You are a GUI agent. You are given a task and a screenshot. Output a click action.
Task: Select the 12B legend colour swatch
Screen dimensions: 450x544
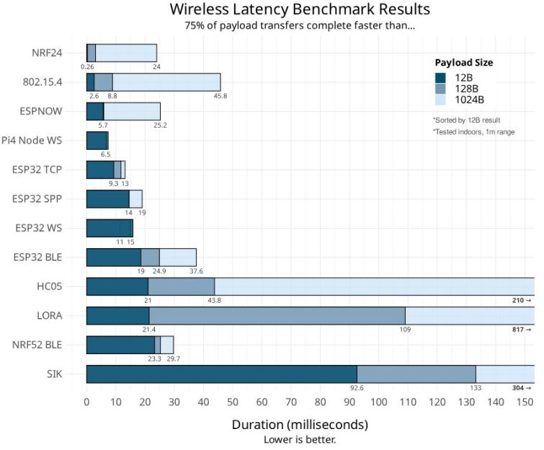click(x=439, y=78)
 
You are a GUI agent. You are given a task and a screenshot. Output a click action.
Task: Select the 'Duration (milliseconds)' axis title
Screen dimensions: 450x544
click(x=300, y=424)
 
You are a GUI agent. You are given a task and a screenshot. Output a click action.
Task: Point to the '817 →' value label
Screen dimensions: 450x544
click(x=521, y=329)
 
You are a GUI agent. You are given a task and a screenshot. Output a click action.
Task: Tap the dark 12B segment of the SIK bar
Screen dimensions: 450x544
click(x=221, y=374)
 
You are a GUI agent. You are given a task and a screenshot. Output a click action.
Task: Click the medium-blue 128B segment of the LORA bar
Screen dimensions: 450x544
click(x=277, y=315)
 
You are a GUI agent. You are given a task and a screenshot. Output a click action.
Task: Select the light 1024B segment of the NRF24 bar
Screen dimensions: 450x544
click(x=126, y=53)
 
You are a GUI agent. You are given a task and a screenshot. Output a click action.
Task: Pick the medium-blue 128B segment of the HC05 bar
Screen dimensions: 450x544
click(x=181, y=286)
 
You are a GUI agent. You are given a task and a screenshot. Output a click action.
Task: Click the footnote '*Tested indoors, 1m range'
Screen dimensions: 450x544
click(x=473, y=132)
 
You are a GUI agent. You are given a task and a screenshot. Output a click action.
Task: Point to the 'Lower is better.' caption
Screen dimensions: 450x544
click(x=300, y=438)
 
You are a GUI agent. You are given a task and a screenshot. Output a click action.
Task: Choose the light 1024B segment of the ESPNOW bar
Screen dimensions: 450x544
click(x=132, y=111)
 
